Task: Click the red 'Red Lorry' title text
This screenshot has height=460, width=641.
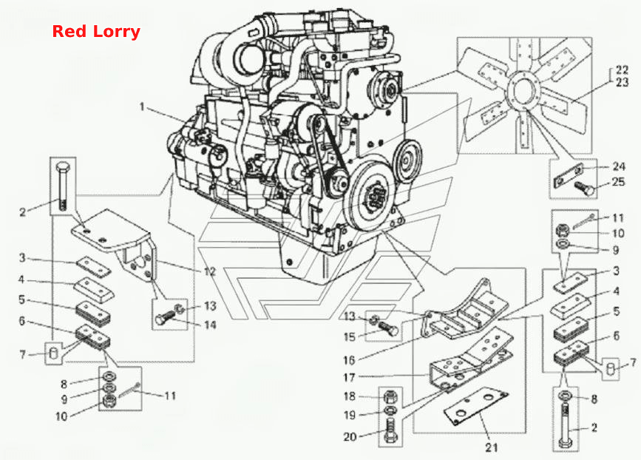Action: pyautogui.click(x=96, y=32)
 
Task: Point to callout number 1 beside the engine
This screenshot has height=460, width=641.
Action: pyautogui.click(x=142, y=106)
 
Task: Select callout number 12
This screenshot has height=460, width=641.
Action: pyautogui.click(x=210, y=271)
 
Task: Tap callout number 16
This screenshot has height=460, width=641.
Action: pyautogui.click(x=349, y=360)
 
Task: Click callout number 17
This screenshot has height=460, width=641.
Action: pyautogui.click(x=349, y=377)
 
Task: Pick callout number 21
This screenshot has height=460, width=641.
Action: pyautogui.click(x=492, y=447)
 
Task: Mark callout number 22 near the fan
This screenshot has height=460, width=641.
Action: pyautogui.click(x=622, y=70)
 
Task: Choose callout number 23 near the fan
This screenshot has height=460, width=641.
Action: pyautogui.click(x=622, y=82)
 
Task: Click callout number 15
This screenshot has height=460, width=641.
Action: pyautogui.click(x=350, y=337)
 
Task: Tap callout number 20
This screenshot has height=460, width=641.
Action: pyautogui.click(x=350, y=436)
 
